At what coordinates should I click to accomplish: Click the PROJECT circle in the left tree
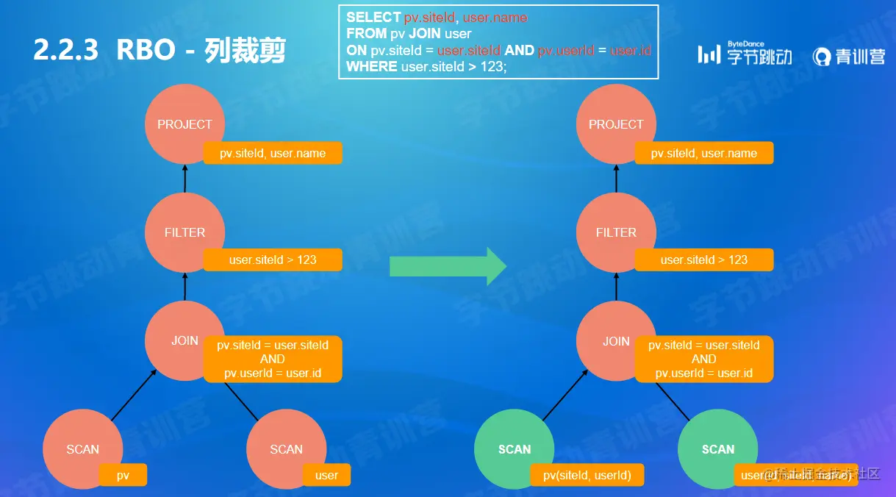pos(184,124)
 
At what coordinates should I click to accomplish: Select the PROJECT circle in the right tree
pos(616,124)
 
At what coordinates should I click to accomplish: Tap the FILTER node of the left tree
pos(184,232)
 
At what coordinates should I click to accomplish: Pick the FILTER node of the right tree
pos(616,232)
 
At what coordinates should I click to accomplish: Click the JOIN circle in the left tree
pos(184,340)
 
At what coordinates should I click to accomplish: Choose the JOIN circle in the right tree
pos(616,340)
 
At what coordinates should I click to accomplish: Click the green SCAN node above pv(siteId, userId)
pos(515,449)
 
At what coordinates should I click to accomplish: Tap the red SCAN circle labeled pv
pos(82,449)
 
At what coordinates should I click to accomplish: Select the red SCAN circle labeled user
pos(286,449)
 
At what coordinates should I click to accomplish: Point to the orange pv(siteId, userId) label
pos(587,475)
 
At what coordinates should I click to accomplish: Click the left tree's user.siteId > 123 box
pos(273,260)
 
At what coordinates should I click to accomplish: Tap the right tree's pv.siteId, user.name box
pos(704,153)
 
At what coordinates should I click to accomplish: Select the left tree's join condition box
pos(273,359)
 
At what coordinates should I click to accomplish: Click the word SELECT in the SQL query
pos(373,17)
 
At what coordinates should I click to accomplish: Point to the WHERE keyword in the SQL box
pos(372,66)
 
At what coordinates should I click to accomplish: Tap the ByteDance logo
pos(745,54)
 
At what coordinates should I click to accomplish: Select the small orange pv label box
pos(123,475)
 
